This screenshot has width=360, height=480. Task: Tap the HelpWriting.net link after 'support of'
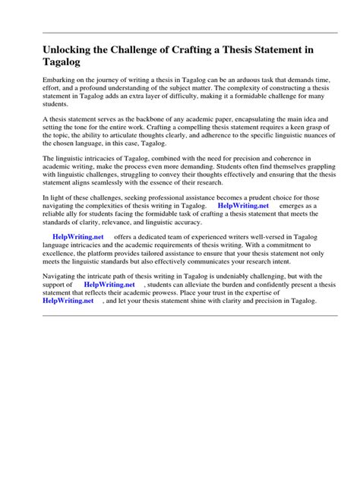point(109,284)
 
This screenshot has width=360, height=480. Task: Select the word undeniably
point(213,276)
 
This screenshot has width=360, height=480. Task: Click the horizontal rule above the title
point(180,33)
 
